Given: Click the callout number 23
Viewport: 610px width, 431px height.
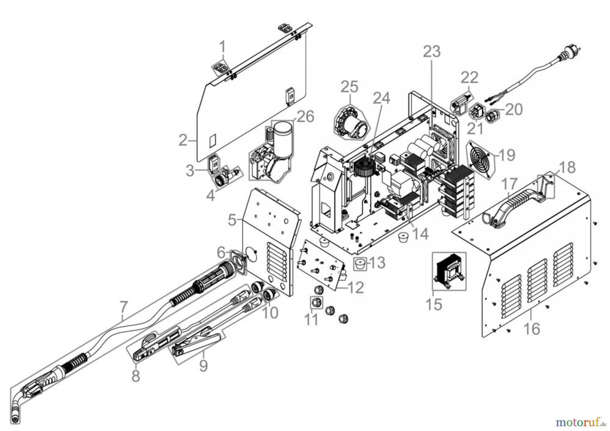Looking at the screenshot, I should click(431, 52).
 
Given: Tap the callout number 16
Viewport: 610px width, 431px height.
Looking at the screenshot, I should click(532, 328).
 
